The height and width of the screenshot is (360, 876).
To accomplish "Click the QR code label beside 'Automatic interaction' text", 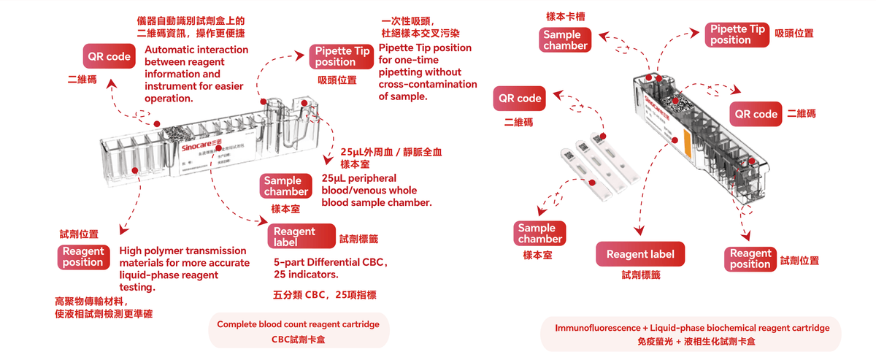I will [109, 56].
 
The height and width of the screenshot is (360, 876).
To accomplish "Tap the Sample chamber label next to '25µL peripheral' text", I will [286, 186].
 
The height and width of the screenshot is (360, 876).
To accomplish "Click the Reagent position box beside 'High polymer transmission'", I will [83, 256].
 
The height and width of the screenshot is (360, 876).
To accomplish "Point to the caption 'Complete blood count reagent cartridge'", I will [299, 324].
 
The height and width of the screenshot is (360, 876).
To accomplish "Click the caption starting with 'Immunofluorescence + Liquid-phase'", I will [692, 328].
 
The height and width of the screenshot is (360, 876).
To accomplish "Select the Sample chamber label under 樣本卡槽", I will [565, 39].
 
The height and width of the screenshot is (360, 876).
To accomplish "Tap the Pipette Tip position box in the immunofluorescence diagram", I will [738, 34].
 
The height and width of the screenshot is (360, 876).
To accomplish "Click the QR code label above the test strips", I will [519, 99].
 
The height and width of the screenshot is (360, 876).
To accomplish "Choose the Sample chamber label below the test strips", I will [540, 234].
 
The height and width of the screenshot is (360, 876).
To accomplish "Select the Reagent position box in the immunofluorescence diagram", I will [750, 258].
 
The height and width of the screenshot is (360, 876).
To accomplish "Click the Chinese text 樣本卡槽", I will [565, 15].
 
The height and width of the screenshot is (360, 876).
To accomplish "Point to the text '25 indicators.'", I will [306, 275].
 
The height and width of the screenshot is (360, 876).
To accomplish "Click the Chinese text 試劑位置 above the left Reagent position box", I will [79, 234].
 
